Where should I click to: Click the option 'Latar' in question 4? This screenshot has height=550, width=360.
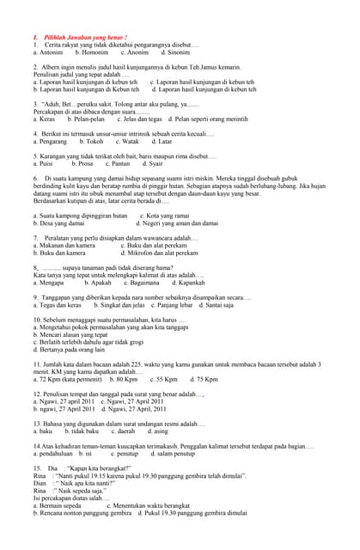pos(163,141)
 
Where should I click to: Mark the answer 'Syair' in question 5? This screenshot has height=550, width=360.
pos(154,163)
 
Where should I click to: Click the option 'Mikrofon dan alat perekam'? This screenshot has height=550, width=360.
pos(161,253)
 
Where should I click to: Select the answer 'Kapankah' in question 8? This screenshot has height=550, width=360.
pos(186,282)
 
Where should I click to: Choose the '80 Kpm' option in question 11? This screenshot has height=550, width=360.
pos(125,379)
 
